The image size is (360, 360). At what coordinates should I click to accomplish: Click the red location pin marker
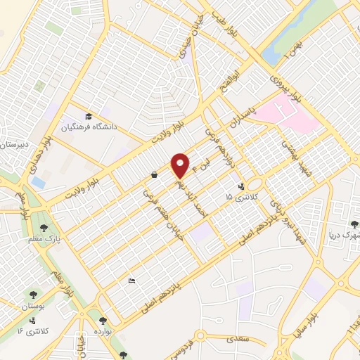180,165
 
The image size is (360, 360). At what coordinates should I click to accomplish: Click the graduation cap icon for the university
89,116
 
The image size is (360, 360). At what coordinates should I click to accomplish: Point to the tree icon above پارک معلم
44,227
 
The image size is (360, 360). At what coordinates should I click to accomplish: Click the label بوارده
103,329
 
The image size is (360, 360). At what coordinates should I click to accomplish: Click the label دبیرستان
13,146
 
